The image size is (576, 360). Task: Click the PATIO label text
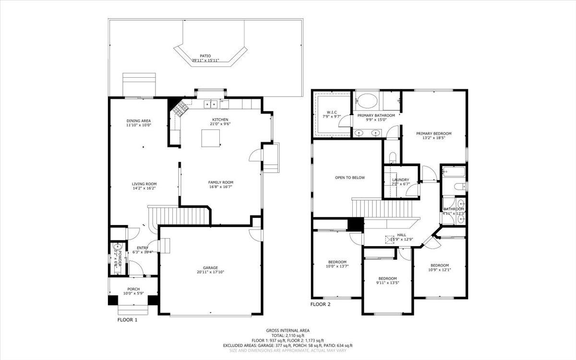(205, 56)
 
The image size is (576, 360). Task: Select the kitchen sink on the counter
(210, 104)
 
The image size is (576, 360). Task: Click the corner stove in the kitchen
(180, 109)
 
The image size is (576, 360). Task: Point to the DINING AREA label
(139, 120)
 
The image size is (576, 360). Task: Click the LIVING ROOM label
(144, 184)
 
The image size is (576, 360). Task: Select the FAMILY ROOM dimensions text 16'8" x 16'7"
(221, 188)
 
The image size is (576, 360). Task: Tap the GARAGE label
(211, 268)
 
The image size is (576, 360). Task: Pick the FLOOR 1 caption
(127, 319)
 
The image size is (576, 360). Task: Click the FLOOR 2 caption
(320, 304)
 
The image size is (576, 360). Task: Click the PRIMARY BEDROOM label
(434, 134)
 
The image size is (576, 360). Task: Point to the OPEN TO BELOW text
(350, 178)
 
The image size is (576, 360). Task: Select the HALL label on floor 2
(401, 235)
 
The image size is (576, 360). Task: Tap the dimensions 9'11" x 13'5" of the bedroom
(387, 283)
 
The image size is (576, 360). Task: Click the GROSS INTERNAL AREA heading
(288, 330)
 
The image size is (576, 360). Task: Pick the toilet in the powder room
(117, 249)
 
